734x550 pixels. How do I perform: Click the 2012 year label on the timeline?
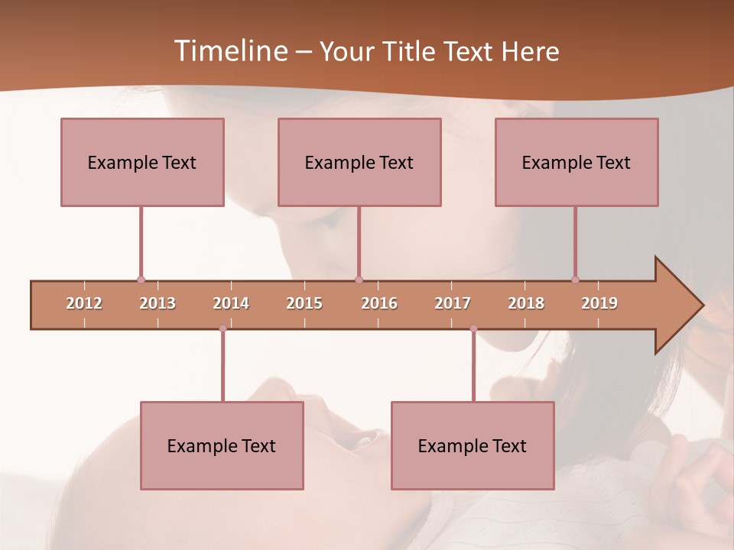pyautogui.click(x=84, y=303)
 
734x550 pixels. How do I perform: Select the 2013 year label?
pyautogui.click(x=158, y=303)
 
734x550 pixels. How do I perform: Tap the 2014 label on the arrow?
pyautogui.click(x=231, y=303)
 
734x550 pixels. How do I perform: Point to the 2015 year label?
pyautogui.click(x=304, y=303)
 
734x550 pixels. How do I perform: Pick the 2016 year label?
pyautogui.click(x=379, y=303)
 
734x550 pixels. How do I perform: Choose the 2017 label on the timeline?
pyautogui.click(x=453, y=303)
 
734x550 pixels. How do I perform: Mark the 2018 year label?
pyautogui.click(x=526, y=303)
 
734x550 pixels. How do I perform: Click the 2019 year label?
pyautogui.click(x=599, y=303)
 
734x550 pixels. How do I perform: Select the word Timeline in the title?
pyautogui.click(x=229, y=51)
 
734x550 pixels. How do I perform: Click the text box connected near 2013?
pyautogui.click(x=142, y=162)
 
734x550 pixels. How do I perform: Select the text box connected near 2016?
pyautogui.click(x=359, y=162)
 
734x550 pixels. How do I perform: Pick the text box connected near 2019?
pyautogui.click(x=576, y=162)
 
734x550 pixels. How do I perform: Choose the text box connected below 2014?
pyautogui.click(x=222, y=445)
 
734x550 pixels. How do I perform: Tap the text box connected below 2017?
pyautogui.click(x=473, y=445)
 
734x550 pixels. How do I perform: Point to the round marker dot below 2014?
pyautogui.click(x=222, y=328)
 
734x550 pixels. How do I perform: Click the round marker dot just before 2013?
pyautogui.click(x=141, y=280)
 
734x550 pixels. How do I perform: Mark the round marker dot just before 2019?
pyautogui.click(x=575, y=280)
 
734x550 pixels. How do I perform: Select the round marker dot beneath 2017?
pyautogui.click(x=473, y=328)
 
